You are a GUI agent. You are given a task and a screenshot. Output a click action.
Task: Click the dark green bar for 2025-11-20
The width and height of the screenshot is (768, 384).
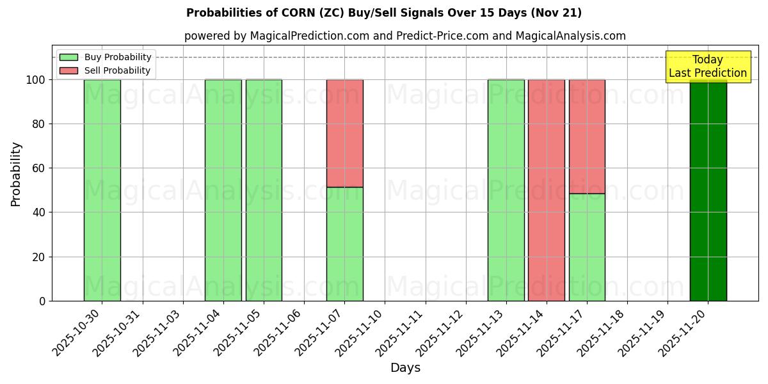pyautogui.click(x=708, y=192)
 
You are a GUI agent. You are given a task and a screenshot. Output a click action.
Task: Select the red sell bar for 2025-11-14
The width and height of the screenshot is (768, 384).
pyautogui.click(x=546, y=190)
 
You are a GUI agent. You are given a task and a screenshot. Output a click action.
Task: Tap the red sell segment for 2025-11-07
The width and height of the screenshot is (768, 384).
pyautogui.click(x=344, y=133)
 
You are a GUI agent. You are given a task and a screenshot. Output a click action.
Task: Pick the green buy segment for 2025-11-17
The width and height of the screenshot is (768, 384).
pyautogui.click(x=587, y=247)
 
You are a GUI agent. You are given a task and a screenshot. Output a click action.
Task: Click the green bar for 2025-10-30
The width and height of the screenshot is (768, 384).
pyautogui.click(x=102, y=190)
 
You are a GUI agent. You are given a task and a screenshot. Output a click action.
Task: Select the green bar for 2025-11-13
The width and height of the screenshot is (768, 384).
pyautogui.click(x=506, y=190)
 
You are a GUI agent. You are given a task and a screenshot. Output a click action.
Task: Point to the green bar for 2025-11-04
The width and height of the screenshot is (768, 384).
pyautogui.click(x=223, y=190)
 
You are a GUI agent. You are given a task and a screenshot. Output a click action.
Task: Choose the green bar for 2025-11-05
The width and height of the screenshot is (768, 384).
pyautogui.click(x=264, y=190)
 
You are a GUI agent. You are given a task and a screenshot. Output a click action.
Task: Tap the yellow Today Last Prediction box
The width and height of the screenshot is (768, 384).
pyautogui.click(x=708, y=67)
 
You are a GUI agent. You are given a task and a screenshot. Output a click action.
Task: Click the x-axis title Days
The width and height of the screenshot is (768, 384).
pyautogui.click(x=405, y=368)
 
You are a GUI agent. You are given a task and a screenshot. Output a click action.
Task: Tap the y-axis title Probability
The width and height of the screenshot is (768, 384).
pyautogui.click(x=16, y=174)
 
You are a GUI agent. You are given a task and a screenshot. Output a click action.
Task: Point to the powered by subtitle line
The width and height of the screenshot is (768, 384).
pyautogui.click(x=404, y=36)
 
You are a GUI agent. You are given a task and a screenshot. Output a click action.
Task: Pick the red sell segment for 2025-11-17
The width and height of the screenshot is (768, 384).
pyautogui.click(x=587, y=136)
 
